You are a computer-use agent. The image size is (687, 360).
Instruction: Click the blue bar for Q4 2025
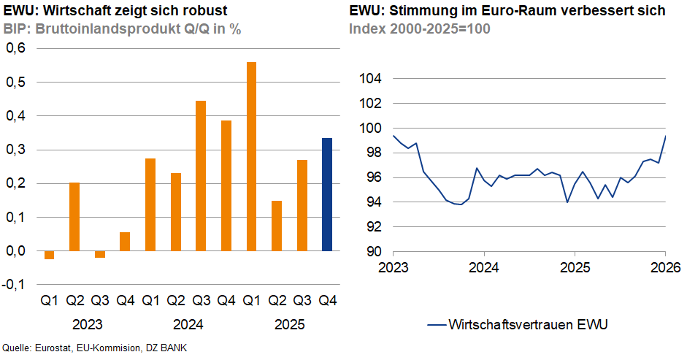(x=327, y=194)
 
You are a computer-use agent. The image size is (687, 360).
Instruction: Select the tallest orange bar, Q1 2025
(x=251, y=156)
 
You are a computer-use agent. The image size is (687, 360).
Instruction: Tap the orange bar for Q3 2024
(x=201, y=176)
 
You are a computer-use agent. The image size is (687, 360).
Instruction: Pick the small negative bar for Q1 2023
(x=50, y=255)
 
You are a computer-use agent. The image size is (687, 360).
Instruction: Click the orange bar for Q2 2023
(x=74, y=217)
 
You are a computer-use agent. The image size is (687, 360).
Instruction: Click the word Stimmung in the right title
(x=420, y=11)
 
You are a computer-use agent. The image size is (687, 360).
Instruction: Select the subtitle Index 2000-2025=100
(x=420, y=29)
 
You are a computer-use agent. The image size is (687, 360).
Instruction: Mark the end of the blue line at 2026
(x=664, y=136)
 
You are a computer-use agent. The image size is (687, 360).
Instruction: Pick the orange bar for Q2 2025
(x=277, y=226)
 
